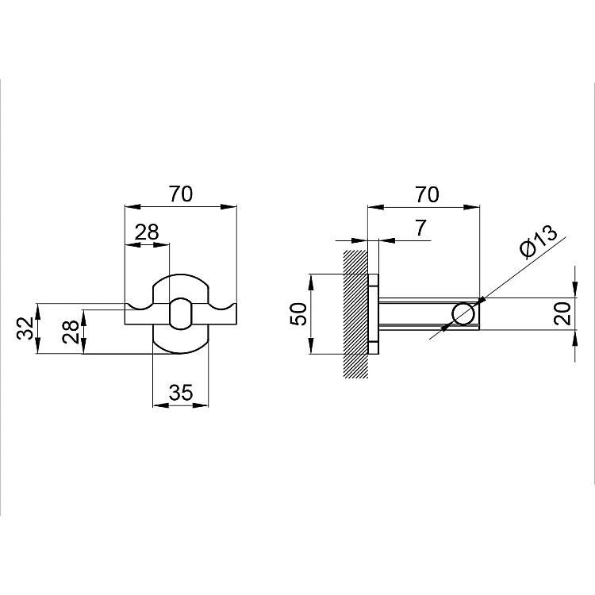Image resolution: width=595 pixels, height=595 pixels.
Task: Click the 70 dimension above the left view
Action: point(181,194)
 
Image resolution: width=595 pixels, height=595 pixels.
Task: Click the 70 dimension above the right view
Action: point(428,194)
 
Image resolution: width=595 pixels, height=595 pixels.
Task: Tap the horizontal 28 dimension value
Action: point(147,232)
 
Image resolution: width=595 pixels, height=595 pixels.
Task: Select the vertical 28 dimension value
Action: point(71,332)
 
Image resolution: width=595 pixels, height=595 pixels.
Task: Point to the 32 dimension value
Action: point(25,328)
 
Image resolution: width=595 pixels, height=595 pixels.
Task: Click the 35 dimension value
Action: point(181,393)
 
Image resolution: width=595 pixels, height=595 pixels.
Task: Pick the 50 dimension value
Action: point(298,314)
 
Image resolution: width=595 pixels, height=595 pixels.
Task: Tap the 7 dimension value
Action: point(420,228)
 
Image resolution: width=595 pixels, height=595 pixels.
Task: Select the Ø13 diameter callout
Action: point(539,241)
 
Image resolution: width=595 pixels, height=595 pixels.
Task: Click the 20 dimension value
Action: point(562,313)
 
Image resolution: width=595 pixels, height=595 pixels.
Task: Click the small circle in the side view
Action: point(463,314)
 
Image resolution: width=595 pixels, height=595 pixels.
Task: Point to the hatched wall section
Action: point(355,314)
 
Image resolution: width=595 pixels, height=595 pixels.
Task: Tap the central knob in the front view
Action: point(180,313)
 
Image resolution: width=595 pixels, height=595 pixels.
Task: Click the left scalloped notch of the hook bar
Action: point(140,306)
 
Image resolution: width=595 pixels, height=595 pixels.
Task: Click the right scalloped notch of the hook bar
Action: point(222,306)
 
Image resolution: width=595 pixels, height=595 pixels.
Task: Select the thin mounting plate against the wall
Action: point(374,314)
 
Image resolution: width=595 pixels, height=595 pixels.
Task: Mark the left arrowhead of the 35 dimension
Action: point(160,405)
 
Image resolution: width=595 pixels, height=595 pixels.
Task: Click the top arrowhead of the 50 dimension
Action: point(311,282)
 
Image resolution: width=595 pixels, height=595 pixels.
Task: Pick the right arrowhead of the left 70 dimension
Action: point(228,207)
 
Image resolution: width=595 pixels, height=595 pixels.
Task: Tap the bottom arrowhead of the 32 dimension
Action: point(37,346)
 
